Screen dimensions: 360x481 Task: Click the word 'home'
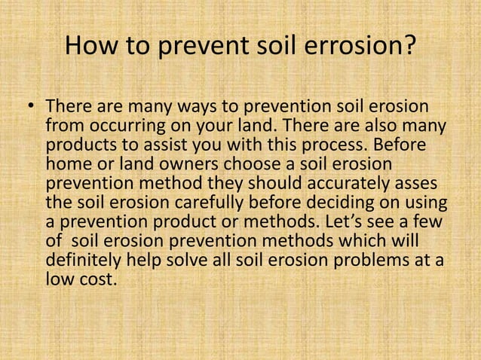(66, 164)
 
